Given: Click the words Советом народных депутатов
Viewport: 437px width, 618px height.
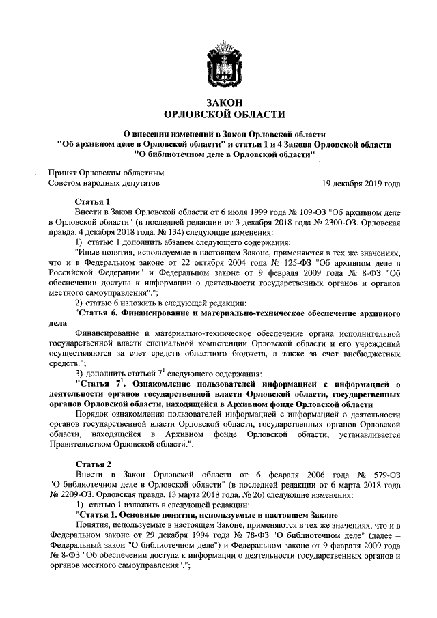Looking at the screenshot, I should coord(104,184).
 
